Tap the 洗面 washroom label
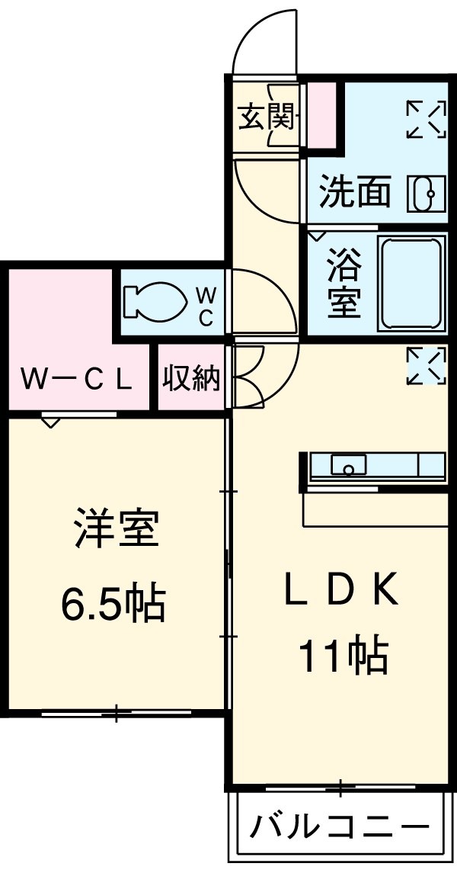tap(354, 192)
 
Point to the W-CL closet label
tap(76, 378)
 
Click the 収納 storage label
tap(191, 378)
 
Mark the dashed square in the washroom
tap(426, 120)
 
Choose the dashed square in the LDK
tap(426, 366)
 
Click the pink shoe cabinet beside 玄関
tap(321, 114)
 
